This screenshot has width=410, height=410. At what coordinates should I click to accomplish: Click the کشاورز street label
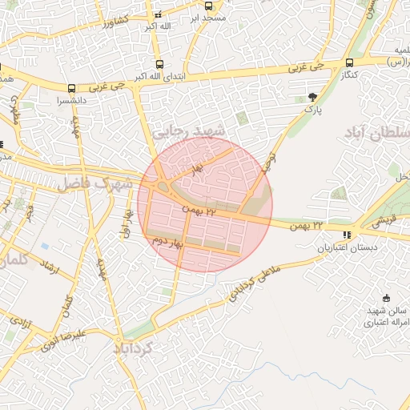pos(120,22)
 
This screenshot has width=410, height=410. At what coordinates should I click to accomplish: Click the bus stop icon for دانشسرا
pos(73,89)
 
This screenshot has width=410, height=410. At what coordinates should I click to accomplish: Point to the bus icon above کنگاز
pos(349,62)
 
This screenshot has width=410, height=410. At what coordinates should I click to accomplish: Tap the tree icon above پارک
pos(312,98)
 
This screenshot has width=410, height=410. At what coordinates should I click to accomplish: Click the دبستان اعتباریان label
pos(346,248)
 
